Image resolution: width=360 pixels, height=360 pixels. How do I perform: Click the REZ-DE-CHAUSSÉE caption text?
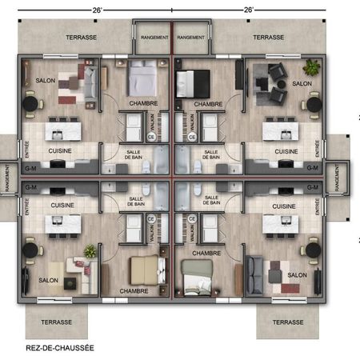(x=49, y=348)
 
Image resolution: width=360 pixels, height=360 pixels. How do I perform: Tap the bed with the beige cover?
(x=144, y=270)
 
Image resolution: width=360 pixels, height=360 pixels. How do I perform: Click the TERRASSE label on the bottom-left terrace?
(x=57, y=322)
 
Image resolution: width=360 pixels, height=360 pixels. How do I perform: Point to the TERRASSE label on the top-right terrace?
(x=269, y=38)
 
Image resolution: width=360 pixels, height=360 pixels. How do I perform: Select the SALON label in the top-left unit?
(x=44, y=81)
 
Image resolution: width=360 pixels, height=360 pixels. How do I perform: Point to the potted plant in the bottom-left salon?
(x=90, y=251)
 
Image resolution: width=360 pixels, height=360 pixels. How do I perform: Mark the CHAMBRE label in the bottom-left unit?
(x=133, y=290)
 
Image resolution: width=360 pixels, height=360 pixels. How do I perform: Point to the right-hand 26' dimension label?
(x=248, y=10)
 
